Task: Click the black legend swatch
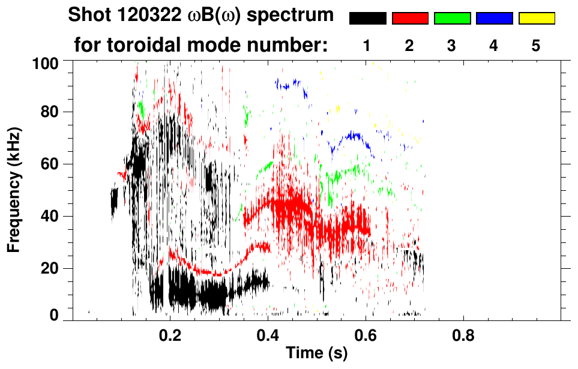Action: pos(368,19)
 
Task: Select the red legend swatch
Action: pos(410,19)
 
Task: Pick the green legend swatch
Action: pos(452,19)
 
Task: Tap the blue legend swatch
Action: pos(494,19)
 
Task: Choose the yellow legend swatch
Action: pos(537,19)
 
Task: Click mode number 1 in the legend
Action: pos(367,46)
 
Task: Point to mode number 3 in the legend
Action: pos(452,46)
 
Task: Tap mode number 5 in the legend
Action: pos(537,46)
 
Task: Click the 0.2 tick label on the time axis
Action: pos(170,334)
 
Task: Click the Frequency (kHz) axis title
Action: pos(14,190)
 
